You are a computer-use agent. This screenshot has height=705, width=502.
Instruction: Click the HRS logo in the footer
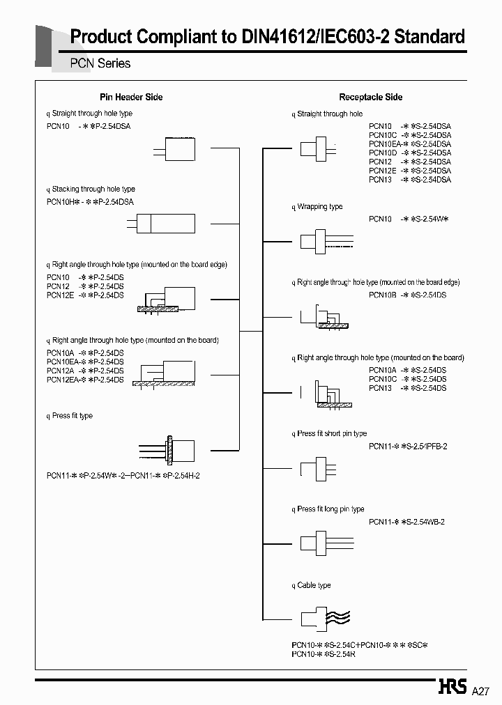point(452,688)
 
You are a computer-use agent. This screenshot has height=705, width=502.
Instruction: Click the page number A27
point(482,692)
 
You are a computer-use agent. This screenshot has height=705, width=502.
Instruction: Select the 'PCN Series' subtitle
point(100,63)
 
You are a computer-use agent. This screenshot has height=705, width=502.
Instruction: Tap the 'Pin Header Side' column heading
point(131,97)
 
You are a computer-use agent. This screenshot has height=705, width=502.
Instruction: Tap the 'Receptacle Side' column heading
point(370,97)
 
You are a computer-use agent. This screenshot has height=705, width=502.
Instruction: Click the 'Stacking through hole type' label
point(93,189)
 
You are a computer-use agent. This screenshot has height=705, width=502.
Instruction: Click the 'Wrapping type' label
point(320,207)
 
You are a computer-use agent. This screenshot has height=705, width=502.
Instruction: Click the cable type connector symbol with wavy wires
point(324,618)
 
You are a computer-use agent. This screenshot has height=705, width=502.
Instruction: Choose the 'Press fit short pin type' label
point(332,433)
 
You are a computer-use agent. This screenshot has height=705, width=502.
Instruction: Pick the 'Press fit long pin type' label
point(330,509)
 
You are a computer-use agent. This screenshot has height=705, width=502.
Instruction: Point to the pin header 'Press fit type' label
point(72,416)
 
